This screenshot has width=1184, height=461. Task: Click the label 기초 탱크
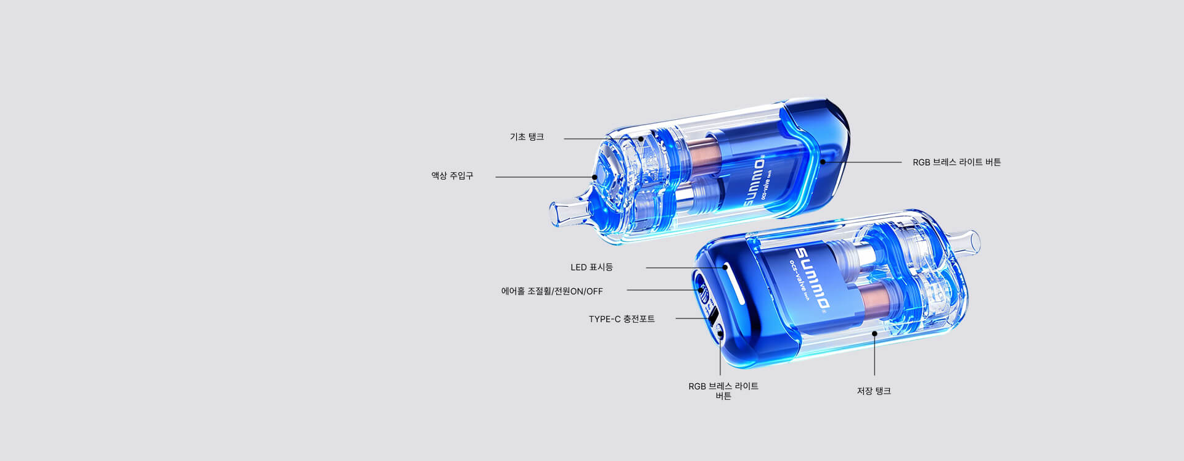coord(527,137)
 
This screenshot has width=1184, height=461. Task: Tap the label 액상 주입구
coord(452,176)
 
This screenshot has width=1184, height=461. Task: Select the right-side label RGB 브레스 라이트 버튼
coord(956,162)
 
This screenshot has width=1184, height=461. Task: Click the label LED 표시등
coord(591,267)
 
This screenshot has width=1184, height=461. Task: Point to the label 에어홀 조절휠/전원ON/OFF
coord(552,291)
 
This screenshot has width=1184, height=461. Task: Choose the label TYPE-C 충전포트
coord(622,319)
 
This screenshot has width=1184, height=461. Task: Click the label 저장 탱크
coord(874,391)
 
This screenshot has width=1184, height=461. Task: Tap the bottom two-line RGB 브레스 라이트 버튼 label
coord(723,391)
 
